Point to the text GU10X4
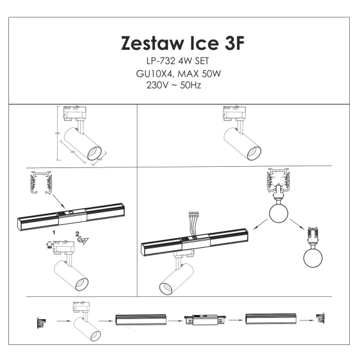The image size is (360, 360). pyautogui.click(x=154, y=74)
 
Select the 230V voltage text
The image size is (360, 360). pyautogui.click(x=157, y=85)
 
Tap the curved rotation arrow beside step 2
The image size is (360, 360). pyautogui.click(x=83, y=241)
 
